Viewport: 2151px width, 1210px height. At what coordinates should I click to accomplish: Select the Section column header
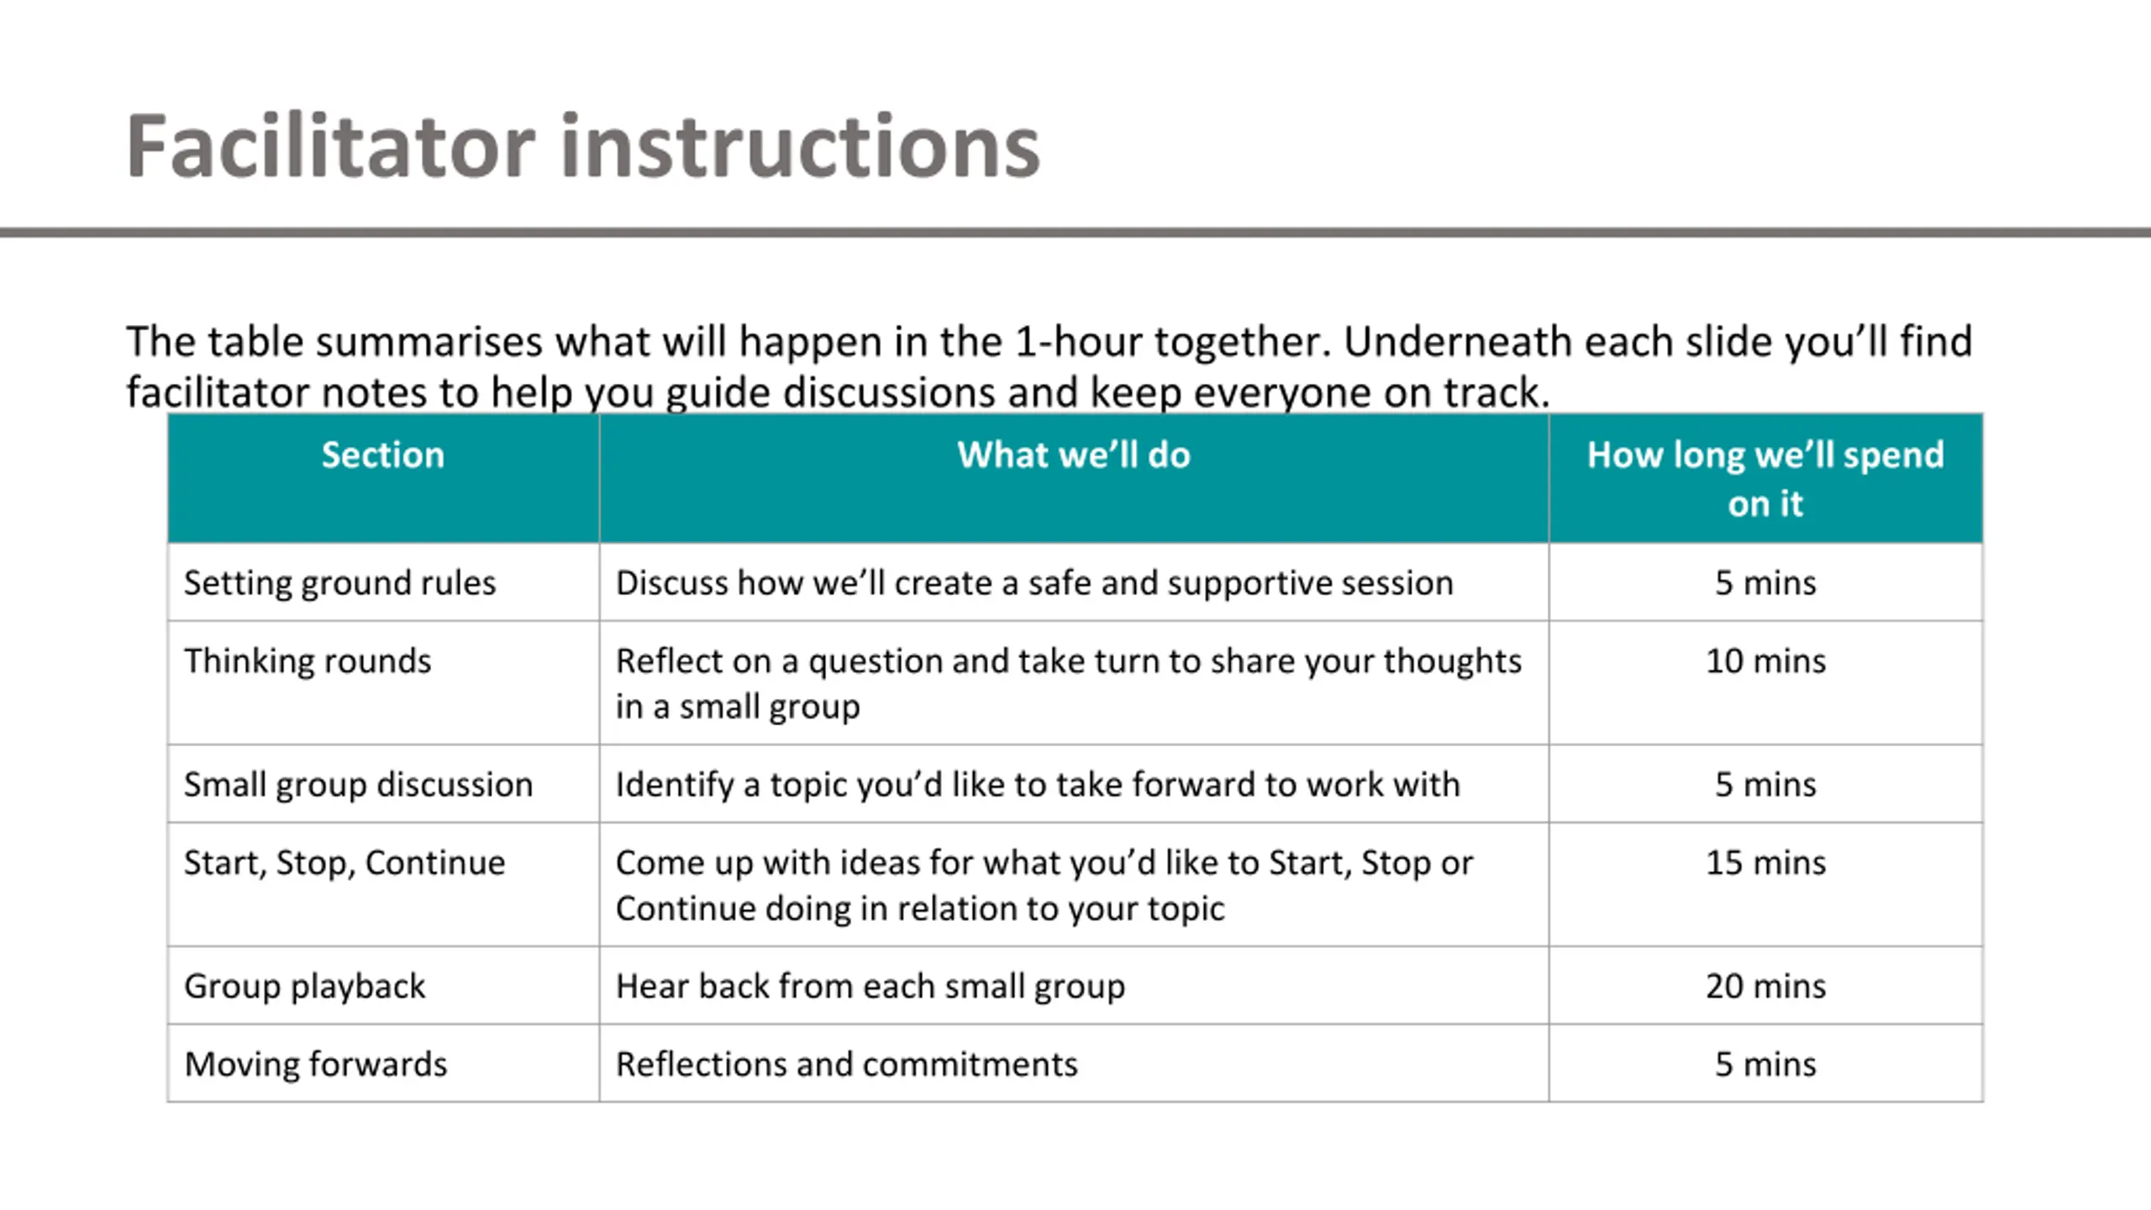[x=382, y=455]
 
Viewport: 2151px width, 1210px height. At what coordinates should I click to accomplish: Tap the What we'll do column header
[x=1074, y=455]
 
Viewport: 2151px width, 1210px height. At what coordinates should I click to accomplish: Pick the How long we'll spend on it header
[x=1765, y=479]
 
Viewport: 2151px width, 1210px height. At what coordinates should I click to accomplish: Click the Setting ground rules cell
[x=340, y=582]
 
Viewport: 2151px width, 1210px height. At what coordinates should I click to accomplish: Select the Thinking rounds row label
[x=308, y=660]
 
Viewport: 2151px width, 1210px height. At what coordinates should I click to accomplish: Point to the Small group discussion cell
[x=359, y=784]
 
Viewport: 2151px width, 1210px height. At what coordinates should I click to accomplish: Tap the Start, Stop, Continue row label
[x=344, y=863]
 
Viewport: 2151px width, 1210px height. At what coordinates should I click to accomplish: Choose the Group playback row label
[x=305, y=986]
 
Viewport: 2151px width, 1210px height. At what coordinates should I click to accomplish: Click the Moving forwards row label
[x=316, y=1064]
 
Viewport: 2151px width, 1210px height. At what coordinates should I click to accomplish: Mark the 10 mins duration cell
[x=1765, y=660]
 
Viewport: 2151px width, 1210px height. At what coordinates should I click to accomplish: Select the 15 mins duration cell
[x=1765, y=863]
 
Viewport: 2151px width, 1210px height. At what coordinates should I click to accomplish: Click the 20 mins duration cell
[x=1765, y=986]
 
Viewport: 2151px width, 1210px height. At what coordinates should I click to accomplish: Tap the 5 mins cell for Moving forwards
[x=1765, y=1064]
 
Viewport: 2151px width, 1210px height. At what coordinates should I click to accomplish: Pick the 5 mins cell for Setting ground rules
[x=1765, y=582]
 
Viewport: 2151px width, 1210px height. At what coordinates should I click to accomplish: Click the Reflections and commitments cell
[x=847, y=1064]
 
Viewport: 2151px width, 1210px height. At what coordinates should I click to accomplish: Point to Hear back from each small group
[x=870, y=986]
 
